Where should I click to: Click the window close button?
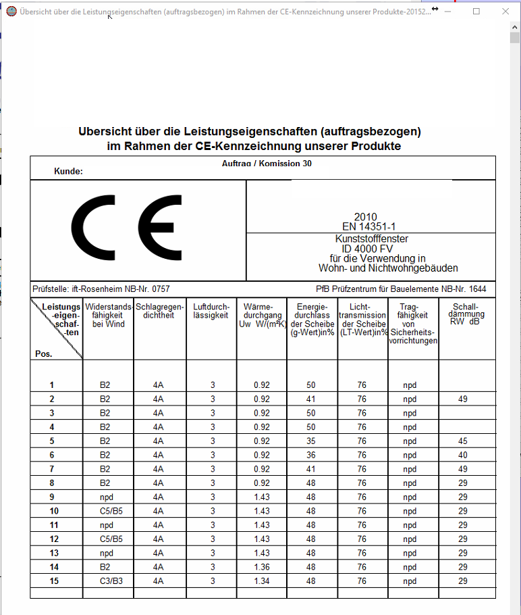tap(505, 11)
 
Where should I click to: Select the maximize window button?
tap(476, 11)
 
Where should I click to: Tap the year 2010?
tap(366, 217)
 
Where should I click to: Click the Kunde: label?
tap(68, 172)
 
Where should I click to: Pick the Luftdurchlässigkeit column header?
tap(211, 312)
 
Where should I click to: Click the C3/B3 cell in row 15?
tap(105, 581)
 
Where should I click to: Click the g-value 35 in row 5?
tap(311, 441)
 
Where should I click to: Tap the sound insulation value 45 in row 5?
tap(463, 441)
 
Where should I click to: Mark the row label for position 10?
tap(54, 511)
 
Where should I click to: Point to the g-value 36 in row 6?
tap(311, 456)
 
